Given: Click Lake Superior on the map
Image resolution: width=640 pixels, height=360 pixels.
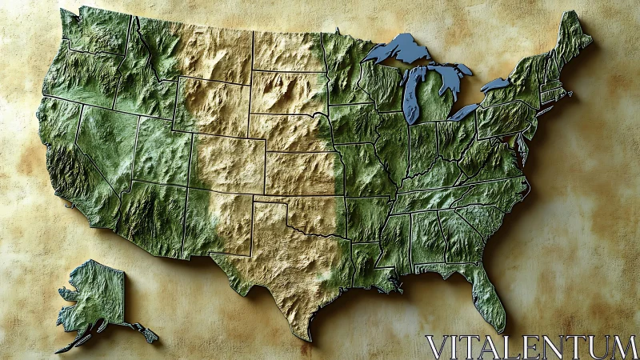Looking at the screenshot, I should [400, 50].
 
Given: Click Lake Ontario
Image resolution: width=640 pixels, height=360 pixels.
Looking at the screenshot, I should [495, 84].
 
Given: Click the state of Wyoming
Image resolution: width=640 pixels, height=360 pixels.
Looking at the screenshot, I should [212, 104].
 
